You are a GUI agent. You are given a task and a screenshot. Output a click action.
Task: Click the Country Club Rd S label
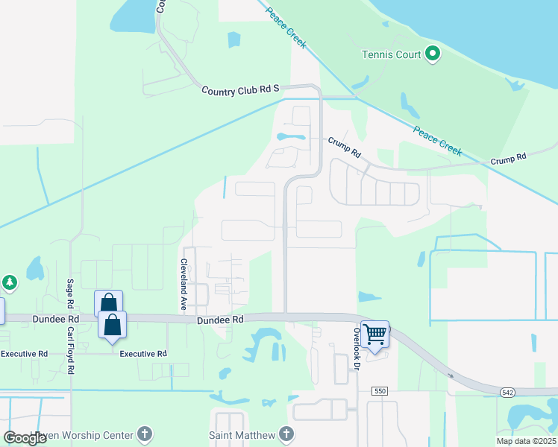(x=239, y=89)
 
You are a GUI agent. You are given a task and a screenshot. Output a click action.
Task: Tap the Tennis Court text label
(x=391, y=54)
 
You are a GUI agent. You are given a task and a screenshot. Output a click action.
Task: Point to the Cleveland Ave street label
(x=183, y=286)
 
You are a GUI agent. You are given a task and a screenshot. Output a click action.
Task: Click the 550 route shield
(x=380, y=412)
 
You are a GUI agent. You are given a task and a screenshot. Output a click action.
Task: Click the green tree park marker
(x=8, y=283)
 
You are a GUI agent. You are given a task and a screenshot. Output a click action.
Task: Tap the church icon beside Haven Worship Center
(x=144, y=434)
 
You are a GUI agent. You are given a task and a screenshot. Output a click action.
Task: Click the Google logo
(x=26, y=438)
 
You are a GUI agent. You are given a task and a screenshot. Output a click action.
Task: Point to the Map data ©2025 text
(x=526, y=441)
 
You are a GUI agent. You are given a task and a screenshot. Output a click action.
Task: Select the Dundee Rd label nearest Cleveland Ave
(x=221, y=320)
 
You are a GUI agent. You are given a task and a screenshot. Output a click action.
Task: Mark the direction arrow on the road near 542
(x=451, y=375)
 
